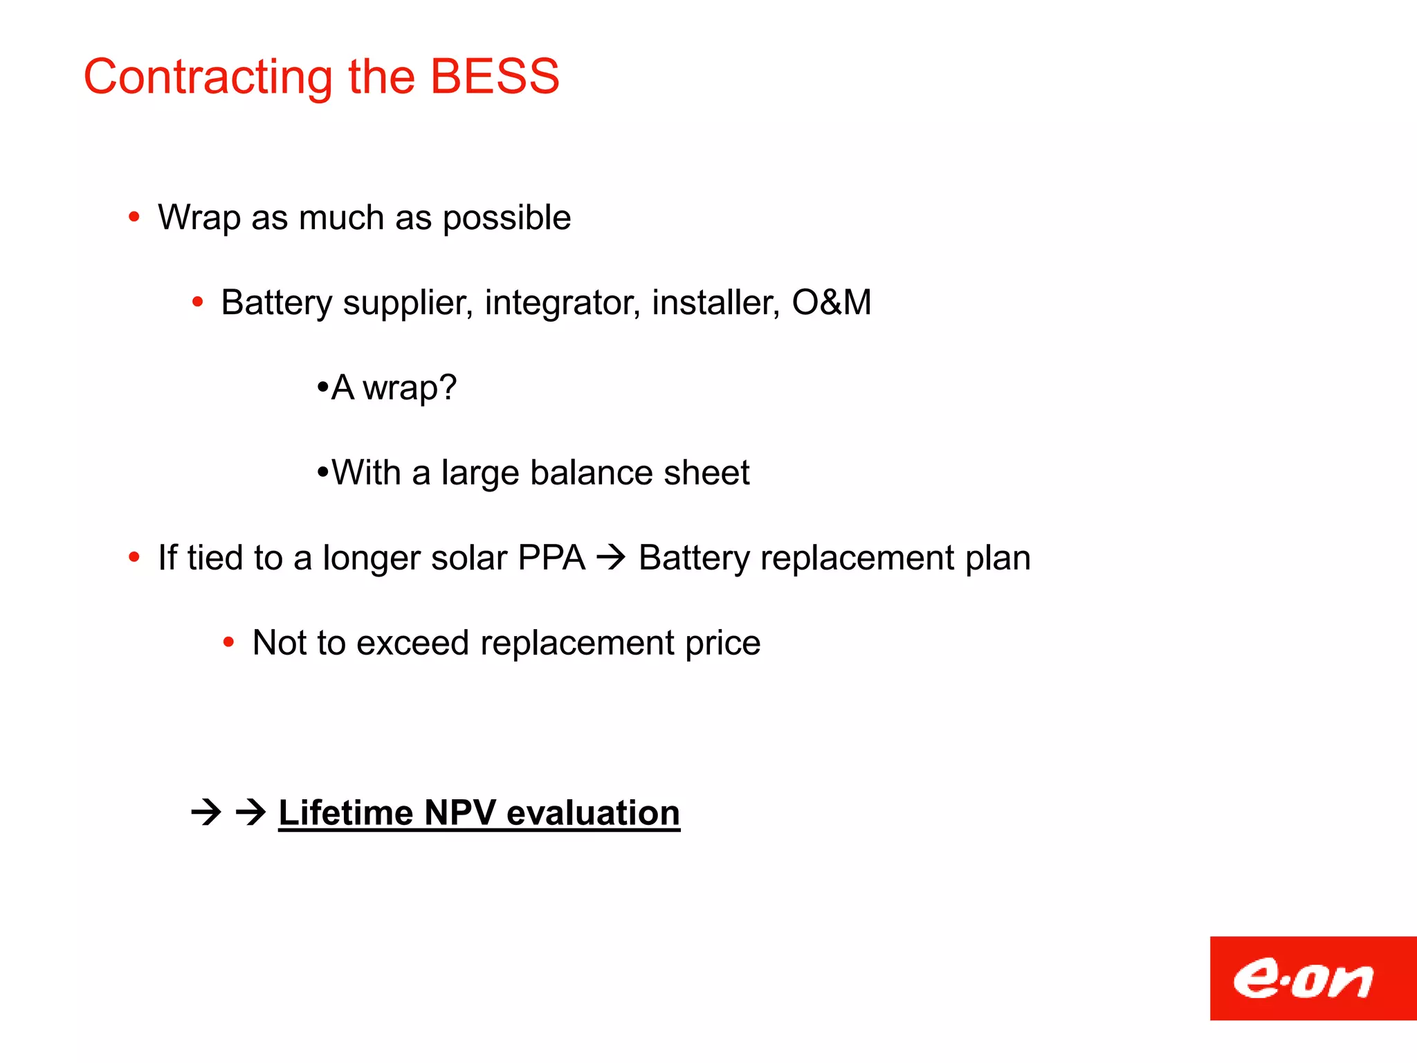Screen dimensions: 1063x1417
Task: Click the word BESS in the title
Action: tap(494, 76)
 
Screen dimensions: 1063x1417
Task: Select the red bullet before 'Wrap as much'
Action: tap(134, 218)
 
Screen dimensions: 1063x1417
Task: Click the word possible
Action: tap(506, 219)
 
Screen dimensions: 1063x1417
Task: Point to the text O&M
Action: tap(831, 302)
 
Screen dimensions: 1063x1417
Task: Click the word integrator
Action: tap(562, 304)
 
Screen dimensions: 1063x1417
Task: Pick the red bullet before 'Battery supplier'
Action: tap(198, 302)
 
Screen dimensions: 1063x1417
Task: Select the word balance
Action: tap(590, 473)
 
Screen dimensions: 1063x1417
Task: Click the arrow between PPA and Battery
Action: tap(611, 557)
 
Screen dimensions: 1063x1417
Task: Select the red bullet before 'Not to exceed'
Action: tap(229, 643)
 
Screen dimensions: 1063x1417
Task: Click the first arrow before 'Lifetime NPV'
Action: tap(206, 812)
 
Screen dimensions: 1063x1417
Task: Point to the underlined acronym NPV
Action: tap(460, 812)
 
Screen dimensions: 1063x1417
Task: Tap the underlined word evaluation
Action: tap(593, 812)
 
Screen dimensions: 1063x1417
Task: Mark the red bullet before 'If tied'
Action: tap(134, 558)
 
